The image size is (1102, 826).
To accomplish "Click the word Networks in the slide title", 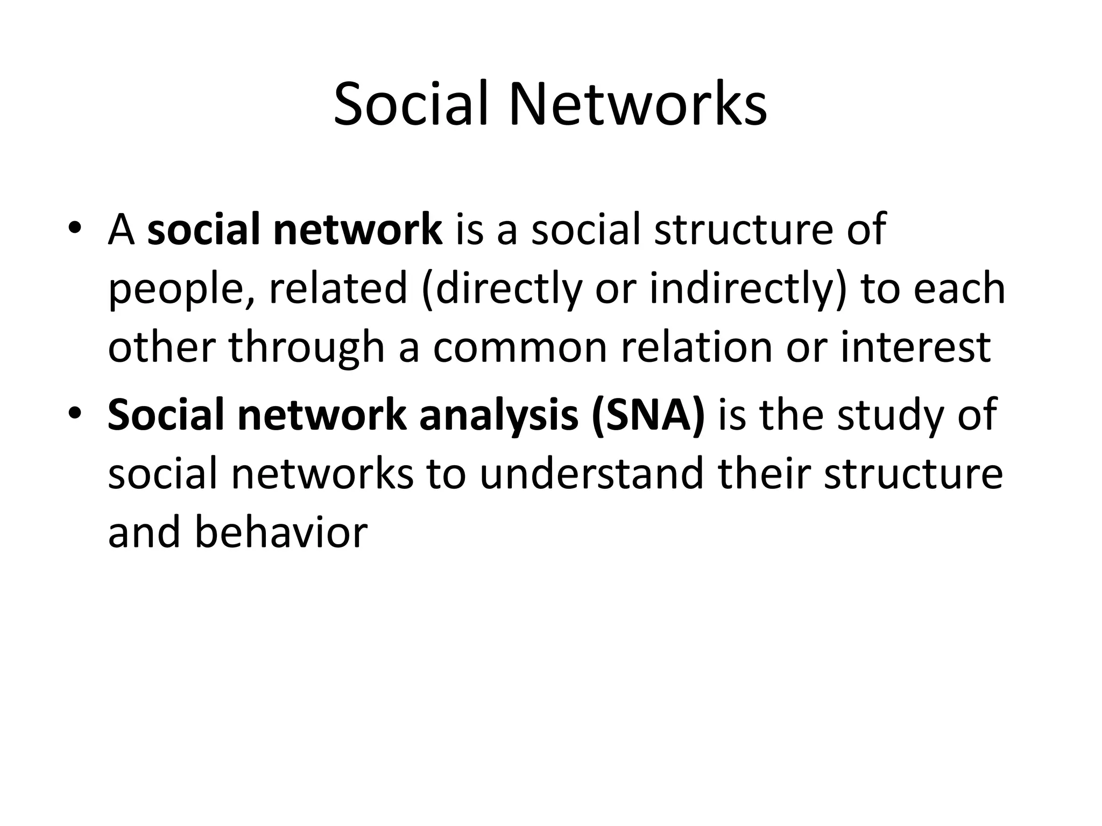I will (x=638, y=104).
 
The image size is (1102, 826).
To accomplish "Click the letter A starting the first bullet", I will (x=121, y=230).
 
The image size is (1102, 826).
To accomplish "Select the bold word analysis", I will (x=499, y=416).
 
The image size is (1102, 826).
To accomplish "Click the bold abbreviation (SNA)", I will (x=648, y=416).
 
